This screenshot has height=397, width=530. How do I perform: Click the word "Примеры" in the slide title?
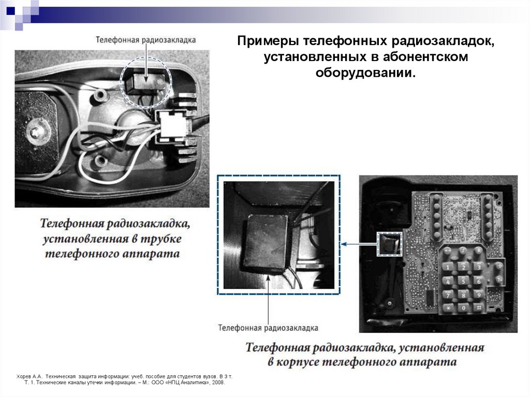[x=268, y=41]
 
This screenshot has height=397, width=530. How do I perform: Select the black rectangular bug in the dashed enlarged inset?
[x=267, y=242]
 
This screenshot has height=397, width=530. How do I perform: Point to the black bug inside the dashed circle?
[x=142, y=81]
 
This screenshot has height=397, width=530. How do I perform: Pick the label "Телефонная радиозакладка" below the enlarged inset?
[x=268, y=328]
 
